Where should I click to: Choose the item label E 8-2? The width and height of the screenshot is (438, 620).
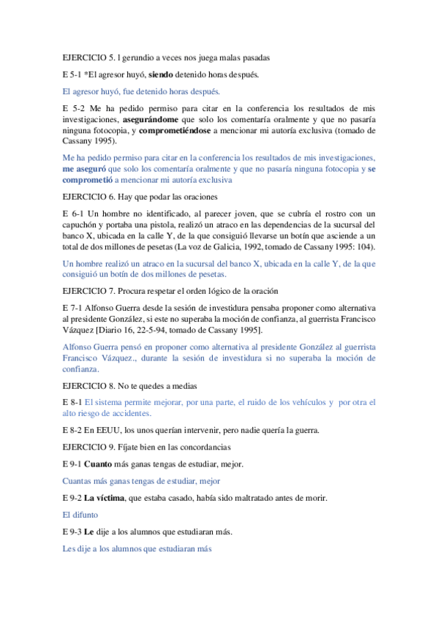click(x=72, y=429)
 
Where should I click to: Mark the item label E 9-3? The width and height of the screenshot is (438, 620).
click(x=72, y=532)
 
